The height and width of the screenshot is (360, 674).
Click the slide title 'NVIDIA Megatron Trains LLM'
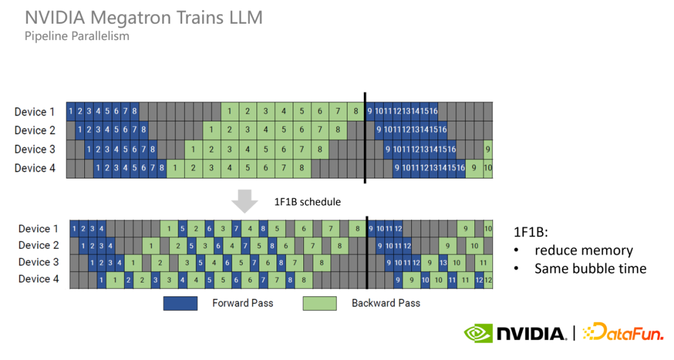[x=144, y=17]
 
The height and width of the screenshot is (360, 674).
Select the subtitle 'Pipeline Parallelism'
[x=77, y=36]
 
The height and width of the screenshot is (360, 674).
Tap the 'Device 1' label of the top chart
[x=34, y=112]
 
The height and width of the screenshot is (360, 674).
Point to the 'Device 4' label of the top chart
[x=34, y=168]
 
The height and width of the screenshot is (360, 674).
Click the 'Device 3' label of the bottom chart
[x=38, y=262]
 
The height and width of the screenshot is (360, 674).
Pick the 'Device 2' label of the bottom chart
[x=38, y=245]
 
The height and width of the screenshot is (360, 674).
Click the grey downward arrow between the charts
[x=245, y=202]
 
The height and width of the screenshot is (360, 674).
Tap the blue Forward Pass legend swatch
[x=180, y=303]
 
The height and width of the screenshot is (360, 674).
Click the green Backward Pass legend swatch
[x=320, y=303]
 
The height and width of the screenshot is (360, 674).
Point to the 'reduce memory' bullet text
[x=584, y=251]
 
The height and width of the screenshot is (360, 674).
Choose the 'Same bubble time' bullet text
[x=590, y=269]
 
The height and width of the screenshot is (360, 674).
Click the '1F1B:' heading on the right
[x=530, y=232]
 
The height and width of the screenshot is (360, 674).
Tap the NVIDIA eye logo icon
[x=477, y=333]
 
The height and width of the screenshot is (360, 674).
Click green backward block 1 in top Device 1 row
[x=230, y=112]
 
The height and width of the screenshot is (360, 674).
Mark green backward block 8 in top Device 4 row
[x=302, y=168]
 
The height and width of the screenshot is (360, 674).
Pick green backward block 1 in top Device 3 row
[x=193, y=149]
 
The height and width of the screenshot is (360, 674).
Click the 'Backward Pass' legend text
[x=386, y=303]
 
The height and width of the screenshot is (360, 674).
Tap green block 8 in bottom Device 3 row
[x=321, y=263]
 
